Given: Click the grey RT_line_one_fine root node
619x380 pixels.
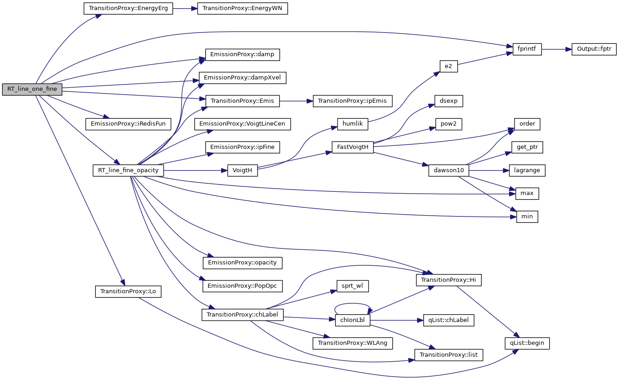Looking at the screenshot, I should click(32, 89).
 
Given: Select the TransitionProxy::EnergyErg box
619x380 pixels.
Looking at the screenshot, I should click(128, 9).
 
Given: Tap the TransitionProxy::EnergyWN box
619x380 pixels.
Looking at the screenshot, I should click(242, 9).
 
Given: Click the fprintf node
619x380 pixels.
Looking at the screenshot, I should click(527, 49).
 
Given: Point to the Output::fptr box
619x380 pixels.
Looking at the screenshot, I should click(594, 49).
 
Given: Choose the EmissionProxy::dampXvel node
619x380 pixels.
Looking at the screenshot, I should click(242, 78).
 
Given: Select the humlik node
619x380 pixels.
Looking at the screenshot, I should click(352, 124).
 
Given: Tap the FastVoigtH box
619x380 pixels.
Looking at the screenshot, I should click(353, 147).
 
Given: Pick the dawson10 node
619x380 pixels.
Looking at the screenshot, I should click(449, 170).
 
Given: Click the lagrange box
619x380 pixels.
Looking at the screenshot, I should click(527, 170).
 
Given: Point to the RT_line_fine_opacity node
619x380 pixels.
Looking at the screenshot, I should click(128, 170).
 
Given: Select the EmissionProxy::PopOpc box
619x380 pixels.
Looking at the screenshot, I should click(242, 286).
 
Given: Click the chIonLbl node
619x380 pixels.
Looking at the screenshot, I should click(352, 320).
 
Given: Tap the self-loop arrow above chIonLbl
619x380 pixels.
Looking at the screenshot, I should click(352, 304).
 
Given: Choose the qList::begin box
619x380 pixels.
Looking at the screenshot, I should click(527, 343).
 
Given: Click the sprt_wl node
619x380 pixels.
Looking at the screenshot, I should click(352, 286).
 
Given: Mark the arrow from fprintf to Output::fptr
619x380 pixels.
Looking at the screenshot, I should click(557, 49).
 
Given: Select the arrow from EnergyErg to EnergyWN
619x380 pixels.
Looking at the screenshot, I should click(185, 9).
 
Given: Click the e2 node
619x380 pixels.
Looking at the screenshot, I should click(448, 66).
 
